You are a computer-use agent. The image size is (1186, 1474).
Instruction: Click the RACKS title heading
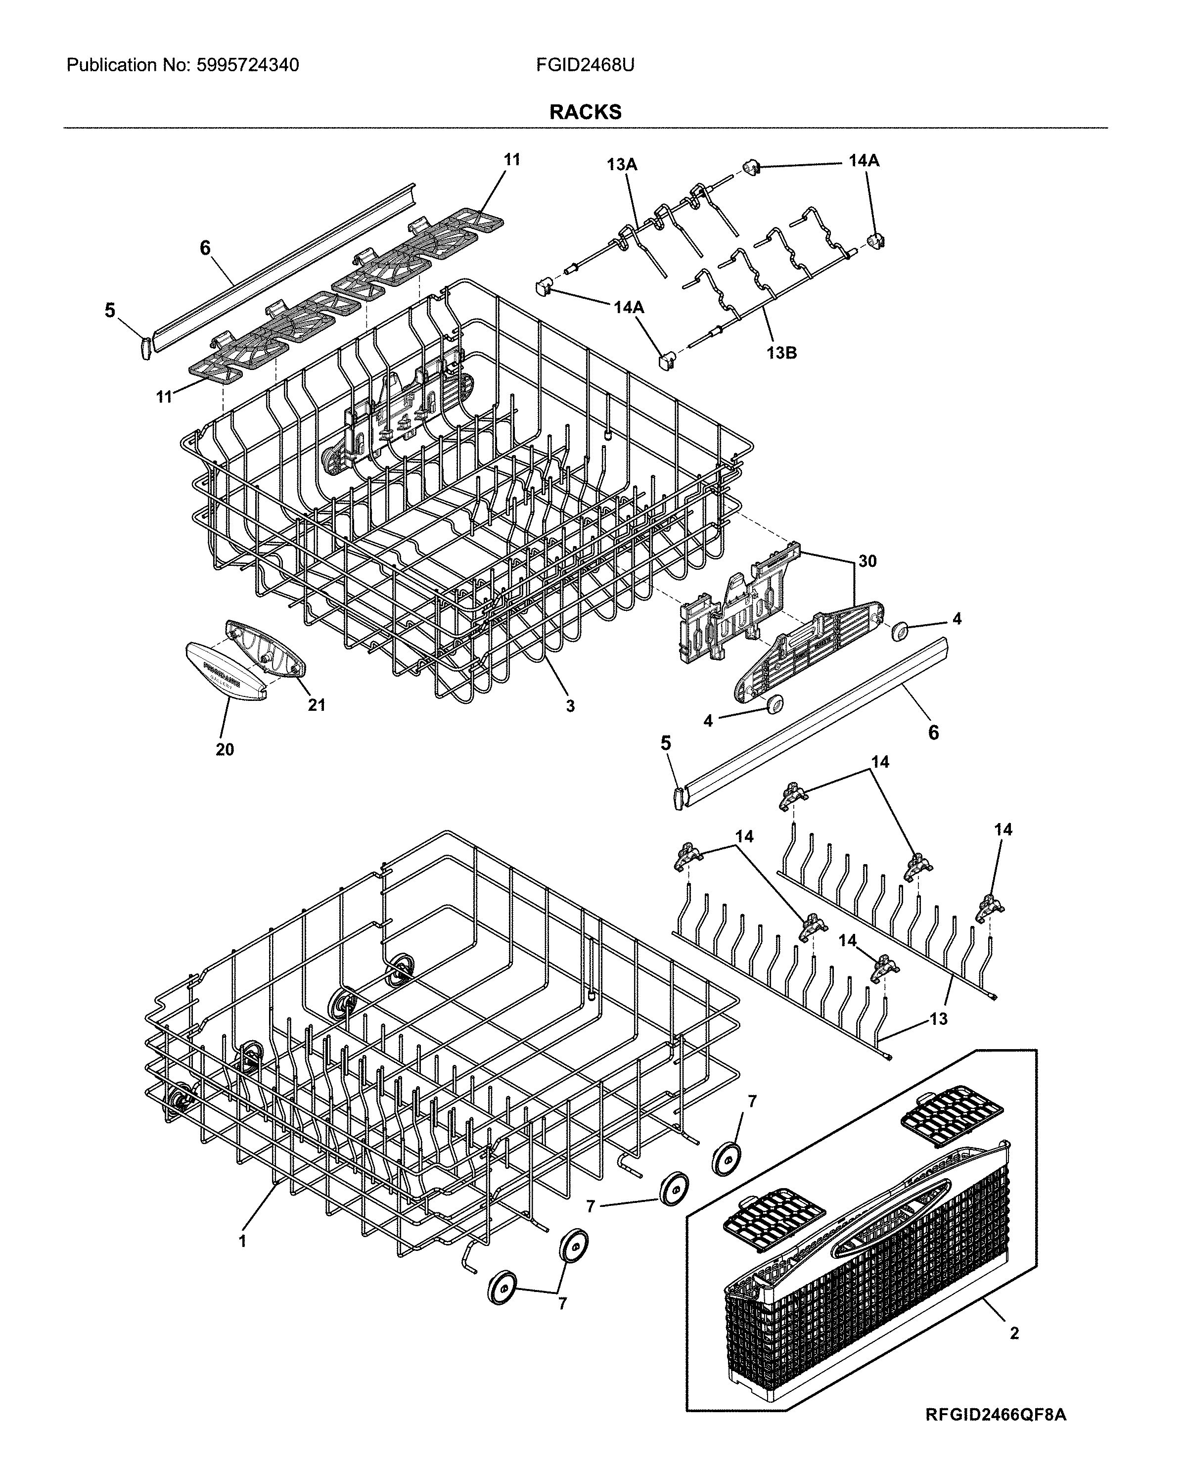pos(585,112)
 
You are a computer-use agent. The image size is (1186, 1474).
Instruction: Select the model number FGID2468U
pos(585,66)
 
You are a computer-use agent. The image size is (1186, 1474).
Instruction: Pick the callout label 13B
pos(781,354)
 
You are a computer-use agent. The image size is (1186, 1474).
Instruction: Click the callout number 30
pos(867,561)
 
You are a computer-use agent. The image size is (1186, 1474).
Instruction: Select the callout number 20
pos(225,749)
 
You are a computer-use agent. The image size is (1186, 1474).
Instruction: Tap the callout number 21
pos(316,705)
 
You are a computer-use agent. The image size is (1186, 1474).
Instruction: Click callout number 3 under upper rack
pos(570,706)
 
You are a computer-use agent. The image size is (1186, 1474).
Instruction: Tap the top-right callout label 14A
pos(864,161)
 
